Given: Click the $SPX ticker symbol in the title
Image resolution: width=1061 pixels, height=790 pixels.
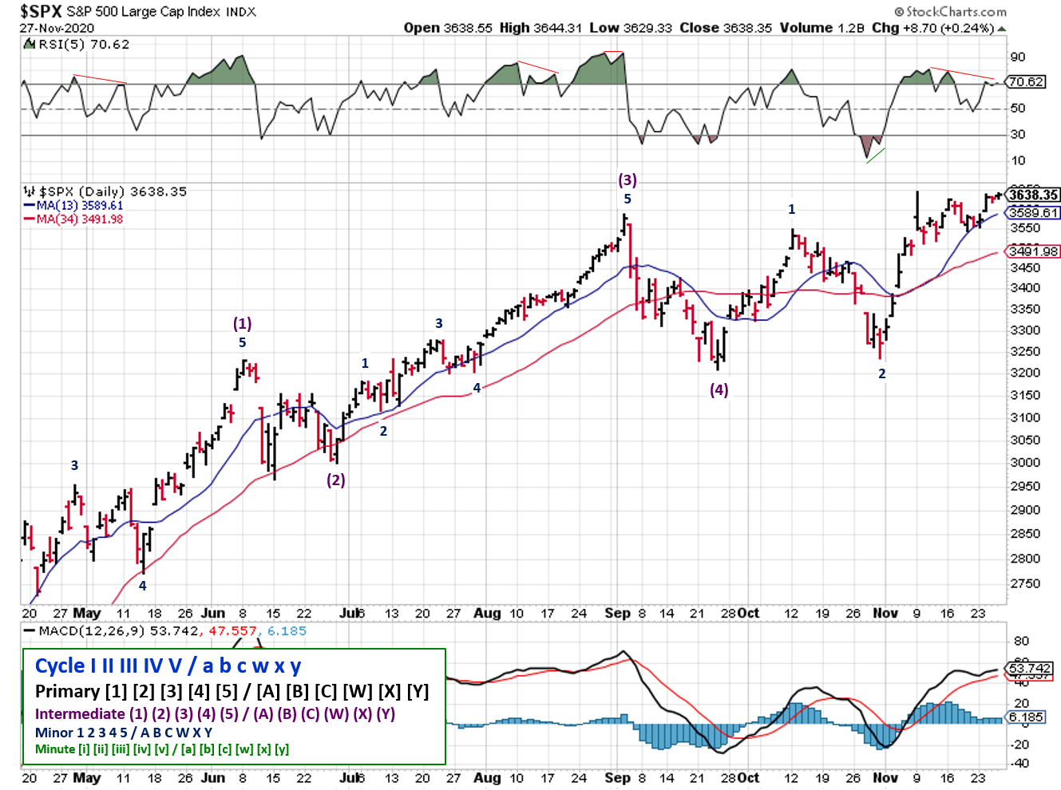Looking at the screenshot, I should (41, 11).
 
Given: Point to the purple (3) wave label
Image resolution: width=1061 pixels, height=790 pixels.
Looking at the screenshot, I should (627, 180).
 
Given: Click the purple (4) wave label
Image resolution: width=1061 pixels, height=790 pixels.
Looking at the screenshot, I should (719, 389).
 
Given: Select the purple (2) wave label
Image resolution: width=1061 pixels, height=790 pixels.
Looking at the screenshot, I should (336, 480).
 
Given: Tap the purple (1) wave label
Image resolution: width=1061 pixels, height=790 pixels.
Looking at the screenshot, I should (242, 323).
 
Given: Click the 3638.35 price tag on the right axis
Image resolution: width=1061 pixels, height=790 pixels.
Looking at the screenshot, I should (1033, 195).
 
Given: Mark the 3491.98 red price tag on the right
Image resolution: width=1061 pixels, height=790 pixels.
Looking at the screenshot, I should (1033, 251).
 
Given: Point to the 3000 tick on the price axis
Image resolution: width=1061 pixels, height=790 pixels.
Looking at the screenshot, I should (1025, 463).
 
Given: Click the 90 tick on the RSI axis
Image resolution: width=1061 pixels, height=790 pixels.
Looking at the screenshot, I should (1018, 57).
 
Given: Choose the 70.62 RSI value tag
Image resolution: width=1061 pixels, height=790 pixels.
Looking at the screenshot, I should (1026, 81).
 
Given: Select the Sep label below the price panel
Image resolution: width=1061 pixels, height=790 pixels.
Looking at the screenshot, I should (617, 613).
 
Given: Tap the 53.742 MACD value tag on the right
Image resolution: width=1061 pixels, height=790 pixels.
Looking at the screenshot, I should (1030, 669).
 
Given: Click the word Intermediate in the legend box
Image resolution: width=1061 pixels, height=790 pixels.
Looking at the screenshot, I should (80, 713).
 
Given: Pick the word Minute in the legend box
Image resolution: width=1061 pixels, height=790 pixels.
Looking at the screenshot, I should (55, 749).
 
